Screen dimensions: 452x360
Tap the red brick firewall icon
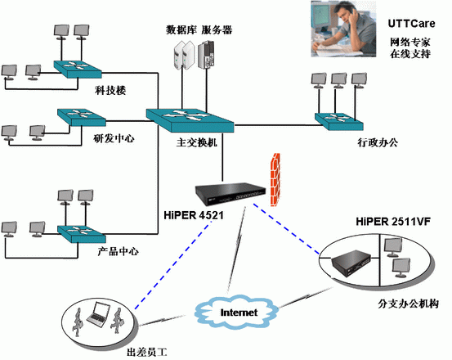coord(275,179)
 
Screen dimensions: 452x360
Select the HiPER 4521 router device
coord(230,193)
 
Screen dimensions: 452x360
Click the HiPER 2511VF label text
coord(393,221)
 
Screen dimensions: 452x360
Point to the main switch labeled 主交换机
coord(190,119)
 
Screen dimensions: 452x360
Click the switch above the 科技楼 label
coord(78,69)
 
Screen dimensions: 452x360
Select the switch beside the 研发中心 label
coord(82,117)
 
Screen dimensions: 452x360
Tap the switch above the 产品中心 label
coord(82,234)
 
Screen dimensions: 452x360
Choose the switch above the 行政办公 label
coord(338,121)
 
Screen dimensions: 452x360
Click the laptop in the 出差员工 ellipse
coord(98,314)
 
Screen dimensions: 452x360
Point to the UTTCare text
coord(411,24)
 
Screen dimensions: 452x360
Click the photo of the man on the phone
coord(343,29)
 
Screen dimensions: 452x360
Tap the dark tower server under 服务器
coord(206,55)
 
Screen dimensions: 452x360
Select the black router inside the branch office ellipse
coord(351,263)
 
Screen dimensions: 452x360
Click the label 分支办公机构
coord(408,304)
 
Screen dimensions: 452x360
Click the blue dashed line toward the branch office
coord(286,229)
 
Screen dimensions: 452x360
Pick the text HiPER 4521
coord(194,215)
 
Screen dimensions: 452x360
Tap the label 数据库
coord(181,30)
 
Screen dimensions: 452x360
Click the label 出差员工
coord(147,352)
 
